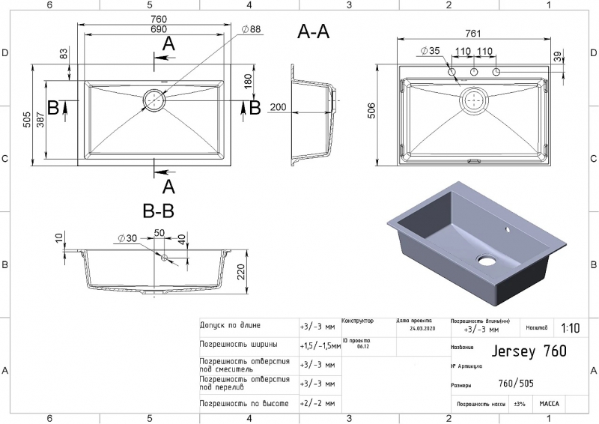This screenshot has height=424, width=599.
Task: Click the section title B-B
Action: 158,211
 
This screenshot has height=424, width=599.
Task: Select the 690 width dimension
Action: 158,28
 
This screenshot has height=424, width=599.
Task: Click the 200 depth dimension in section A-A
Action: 278,108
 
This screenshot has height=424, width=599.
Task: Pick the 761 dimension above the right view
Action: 473,33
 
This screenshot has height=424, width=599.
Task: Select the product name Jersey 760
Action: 528,351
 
